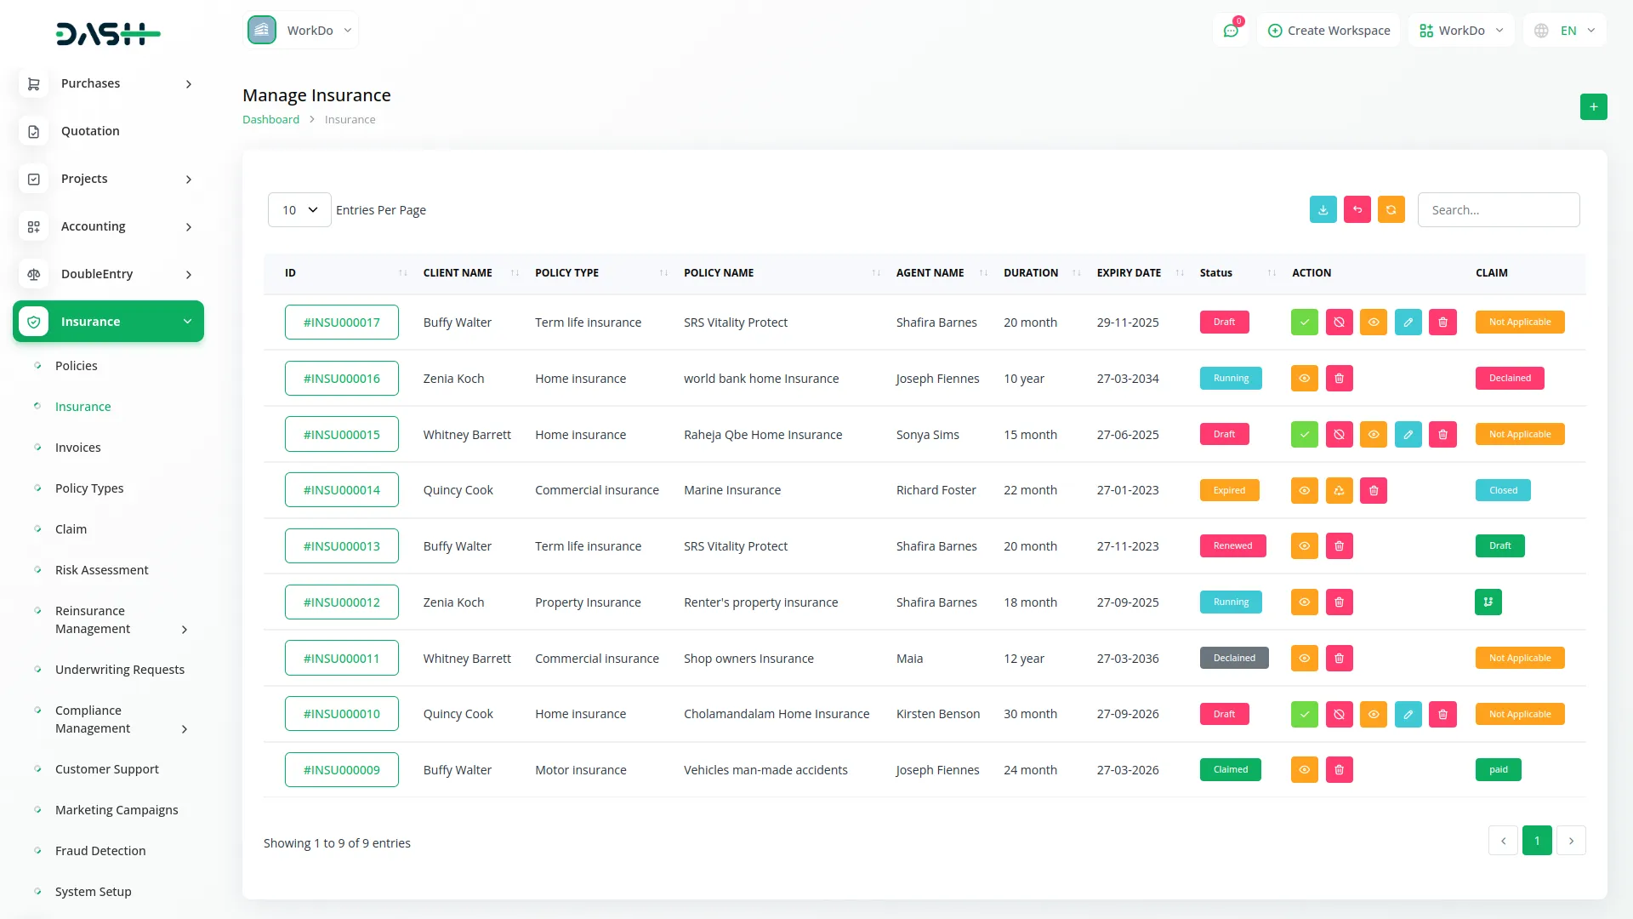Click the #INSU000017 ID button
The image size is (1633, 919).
pyautogui.click(x=341, y=323)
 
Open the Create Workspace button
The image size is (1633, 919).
pyautogui.click(x=1329, y=31)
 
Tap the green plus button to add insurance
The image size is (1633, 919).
pyautogui.click(x=1593, y=107)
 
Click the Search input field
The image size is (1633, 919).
pyautogui.click(x=1498, y=210)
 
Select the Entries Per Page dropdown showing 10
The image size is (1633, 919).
pyautogui.click(x=299, y=210)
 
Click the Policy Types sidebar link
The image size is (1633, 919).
pyautogui.click(x=89, y=488)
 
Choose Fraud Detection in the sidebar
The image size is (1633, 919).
pyautogui.click(x=100, y=851)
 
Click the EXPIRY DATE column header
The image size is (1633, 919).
pyautogui.click(x=1129, y=273)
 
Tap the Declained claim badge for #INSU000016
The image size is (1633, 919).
pyautogui.click(x=1510, y=379)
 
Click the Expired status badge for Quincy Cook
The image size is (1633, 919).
pyautogui.click(x=1229, y=491)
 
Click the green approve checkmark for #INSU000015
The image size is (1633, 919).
pyautogui.click(x=1304, y=435)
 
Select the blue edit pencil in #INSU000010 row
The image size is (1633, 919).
pyautogui.click(x=1408, y=715)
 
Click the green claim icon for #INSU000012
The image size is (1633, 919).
pyautogui.click(x=1488, y=602)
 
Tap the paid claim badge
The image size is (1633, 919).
pyautogui.click(x=1498, y=770)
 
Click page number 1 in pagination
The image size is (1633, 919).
pyautogui.click(x=1536, y=841)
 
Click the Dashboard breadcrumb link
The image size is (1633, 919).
pyautogui.click(x=270, y=120)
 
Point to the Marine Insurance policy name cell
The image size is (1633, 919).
pyautogui.click(x=731, y=491)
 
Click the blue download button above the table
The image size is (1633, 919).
pyautogui.click(x=1323, y=210)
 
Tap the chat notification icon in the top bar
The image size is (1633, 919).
pyautogui.click(x=1231, y=31)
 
